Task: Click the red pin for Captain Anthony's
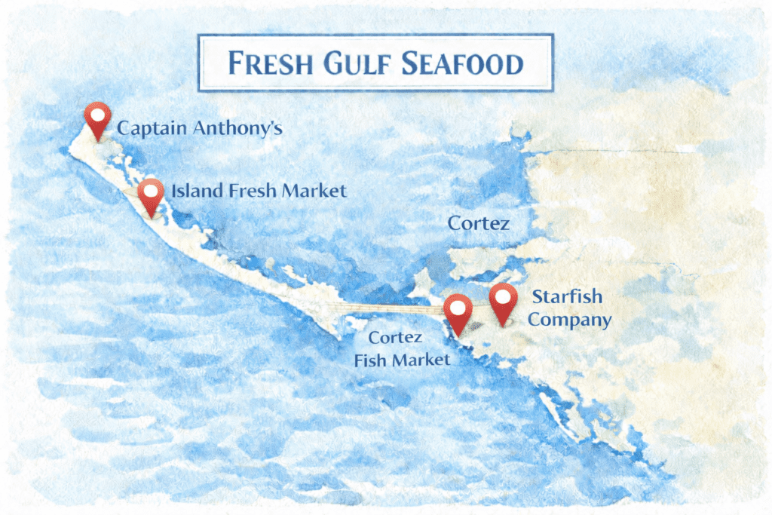click(x=97, y=119)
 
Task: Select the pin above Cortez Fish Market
click(x=458, y=313)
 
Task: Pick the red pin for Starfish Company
click(x=503, y=302)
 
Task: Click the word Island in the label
click(x=193, y=191)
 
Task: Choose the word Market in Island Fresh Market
click(x=314, y=191)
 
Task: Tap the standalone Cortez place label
click(x=478, y=223)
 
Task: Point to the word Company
click(x=569, y=320)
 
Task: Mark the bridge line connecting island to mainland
click(x=392, y=308)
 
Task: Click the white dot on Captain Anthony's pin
click(x=97, y=114)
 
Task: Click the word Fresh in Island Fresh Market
click(x=255, y=191)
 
